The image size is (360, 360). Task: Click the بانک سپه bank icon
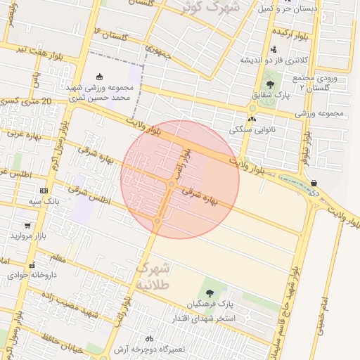(x=44, y=191)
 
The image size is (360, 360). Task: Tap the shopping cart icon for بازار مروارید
(x=27, y=226)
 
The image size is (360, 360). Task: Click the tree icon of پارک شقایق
(x=271, y=84)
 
